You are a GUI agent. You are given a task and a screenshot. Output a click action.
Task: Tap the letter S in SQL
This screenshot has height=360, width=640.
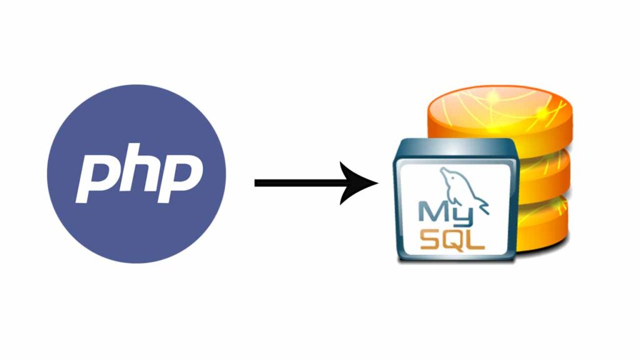(x=427, y=239)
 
